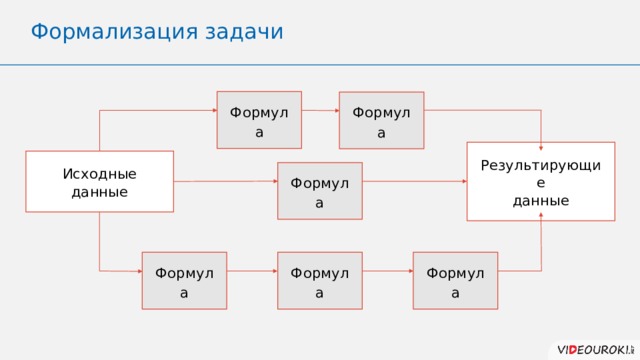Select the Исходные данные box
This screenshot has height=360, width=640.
99,181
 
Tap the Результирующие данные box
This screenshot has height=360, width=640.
540,181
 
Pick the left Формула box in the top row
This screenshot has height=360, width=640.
259,120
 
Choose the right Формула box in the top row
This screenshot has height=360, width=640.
381,120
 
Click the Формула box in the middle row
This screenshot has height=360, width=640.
320,190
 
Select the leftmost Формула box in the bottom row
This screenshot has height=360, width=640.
184,280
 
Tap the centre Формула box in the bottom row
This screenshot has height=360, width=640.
320,280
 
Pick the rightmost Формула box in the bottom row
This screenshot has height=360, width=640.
455,280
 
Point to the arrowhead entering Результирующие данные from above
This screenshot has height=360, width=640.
541,138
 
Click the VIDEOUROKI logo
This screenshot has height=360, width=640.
594,347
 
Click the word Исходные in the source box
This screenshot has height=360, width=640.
99,174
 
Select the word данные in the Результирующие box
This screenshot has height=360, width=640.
541,200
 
